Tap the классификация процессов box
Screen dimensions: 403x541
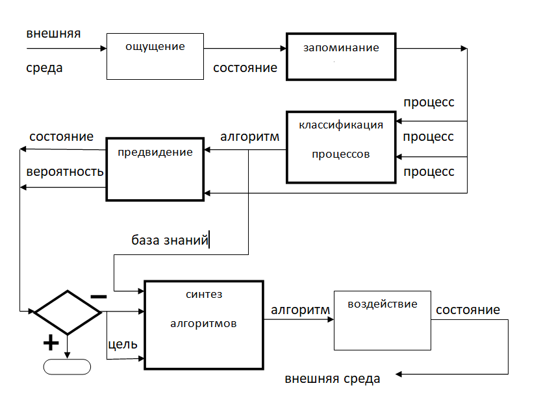coord(340,147)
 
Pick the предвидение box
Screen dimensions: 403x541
coord(155,168)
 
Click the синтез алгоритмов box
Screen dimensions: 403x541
coord(204,324)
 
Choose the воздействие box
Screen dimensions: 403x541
coord(382,319)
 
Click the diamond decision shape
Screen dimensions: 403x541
coord(68,312)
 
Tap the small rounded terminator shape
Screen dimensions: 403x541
coord(67,366)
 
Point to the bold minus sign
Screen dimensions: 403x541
coord(99,296)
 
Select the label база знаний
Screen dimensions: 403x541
coord(170,241)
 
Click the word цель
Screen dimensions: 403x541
coord(122,344)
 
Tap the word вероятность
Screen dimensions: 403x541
coord(65,172)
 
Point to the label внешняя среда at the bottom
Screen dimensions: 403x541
coord(333,378)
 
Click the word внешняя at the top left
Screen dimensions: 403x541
coord(53,33)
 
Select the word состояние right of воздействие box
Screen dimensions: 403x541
coord(468,310)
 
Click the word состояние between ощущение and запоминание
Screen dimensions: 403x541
coord(245,67)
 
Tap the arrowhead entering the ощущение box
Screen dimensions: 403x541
coord(103,49)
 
